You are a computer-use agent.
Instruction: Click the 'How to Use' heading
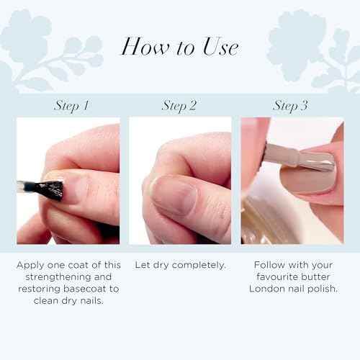[x=179, y=47]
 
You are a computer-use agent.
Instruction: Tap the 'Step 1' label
[x=72, y=106]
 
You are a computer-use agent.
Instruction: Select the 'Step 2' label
[x=179, y=106]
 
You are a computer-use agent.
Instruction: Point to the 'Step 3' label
[x=290, y=106]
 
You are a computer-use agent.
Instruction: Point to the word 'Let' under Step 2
[x=143, y=266]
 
